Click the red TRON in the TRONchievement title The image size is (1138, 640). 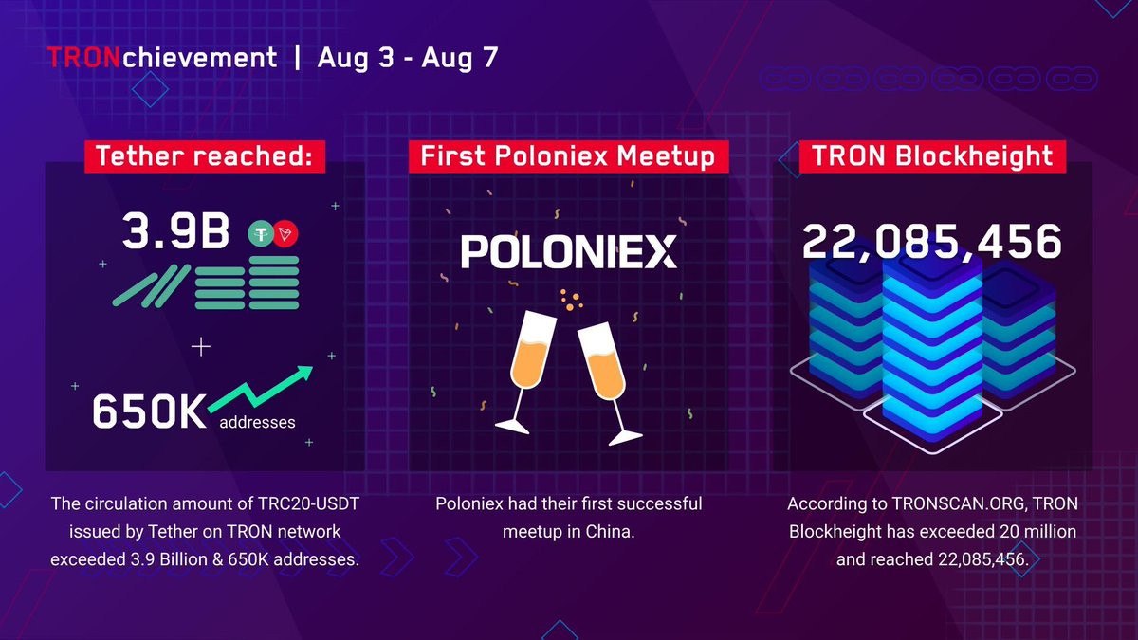click(x=84, y=58)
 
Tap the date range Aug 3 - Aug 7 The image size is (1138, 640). click(x=408, y=58)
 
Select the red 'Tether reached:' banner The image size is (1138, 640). click(x=205, y=156)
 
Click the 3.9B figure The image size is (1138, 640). click(x=175, y=231)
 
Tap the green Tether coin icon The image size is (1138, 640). click(x=261, y=233)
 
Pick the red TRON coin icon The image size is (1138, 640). click(x=285, y=233)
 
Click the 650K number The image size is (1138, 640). click(x=150, y=411)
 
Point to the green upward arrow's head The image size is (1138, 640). click(x=303, y=374)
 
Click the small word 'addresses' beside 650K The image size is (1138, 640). click(x=257, y=422)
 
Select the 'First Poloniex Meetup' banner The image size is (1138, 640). click(x=568, y=156)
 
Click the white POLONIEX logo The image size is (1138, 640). click(x=568, y=251)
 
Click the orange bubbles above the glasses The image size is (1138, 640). click(x=571, y=300)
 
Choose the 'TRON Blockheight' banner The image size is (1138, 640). click(x=932, y=156)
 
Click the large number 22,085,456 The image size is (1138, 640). click(x=932, y=242)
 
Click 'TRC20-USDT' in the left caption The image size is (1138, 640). click(x=308, y=503)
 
